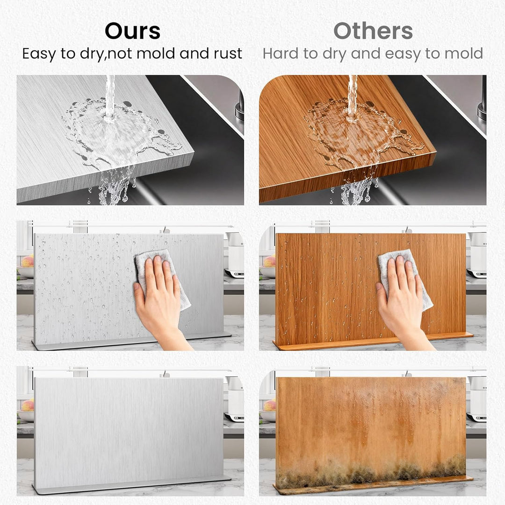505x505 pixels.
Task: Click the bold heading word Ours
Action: (x=133, y=31)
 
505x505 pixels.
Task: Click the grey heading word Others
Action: (x=373, y=31)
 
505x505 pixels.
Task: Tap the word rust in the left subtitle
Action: (x=228, y=53)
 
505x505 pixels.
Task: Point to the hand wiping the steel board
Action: (x=160, y=300)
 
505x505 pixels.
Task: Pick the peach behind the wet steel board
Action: (x=28, y=261)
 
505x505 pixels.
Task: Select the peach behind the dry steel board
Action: (x=28, y=405)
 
